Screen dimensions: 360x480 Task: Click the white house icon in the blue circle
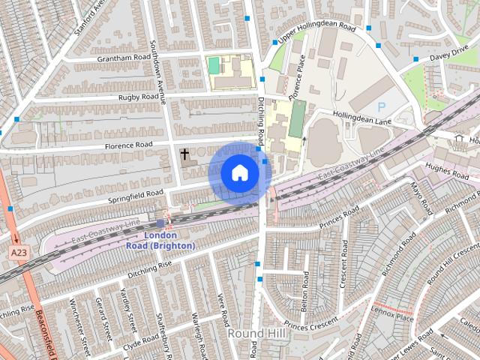[x=240, y=172]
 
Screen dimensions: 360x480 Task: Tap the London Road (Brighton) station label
[x=160, y=241]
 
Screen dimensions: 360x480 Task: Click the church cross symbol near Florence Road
[x=184, y=154]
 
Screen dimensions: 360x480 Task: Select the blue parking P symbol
[x=382, y=108]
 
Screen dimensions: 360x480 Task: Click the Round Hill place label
[x=257, y=332]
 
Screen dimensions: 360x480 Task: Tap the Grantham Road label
[x=124, y=57]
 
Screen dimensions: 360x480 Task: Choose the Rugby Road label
[x=138, y=97]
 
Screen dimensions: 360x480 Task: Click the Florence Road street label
[x=128, y=144]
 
